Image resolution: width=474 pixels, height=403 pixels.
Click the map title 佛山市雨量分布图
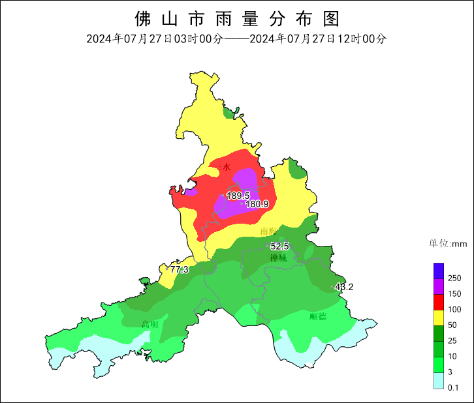pyautogui.click(x=236, y=18)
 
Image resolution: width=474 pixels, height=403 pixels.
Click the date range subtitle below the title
pyautogui.click(x=236, y=39)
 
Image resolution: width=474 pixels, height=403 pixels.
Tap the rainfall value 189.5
pyautogui.click(x=238, y=196)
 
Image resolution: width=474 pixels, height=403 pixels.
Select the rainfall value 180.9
pyautogui.click(x=257, y=204)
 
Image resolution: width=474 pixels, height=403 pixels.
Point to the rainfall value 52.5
pyautogui.click(x=279, y=246)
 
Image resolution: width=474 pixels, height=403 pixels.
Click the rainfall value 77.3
pyautogui.click(x=179, y=269)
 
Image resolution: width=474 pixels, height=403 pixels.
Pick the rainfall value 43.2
pyautogui.click(x=343, y=287)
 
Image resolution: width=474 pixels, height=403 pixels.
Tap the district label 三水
pyautogui.click(x=223, y=167)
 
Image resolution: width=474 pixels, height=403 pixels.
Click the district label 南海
pyautogui.click(x=268, y=231)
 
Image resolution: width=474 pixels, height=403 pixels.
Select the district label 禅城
pyautogui.click(x=278, y=258)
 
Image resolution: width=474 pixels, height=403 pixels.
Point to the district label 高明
pyautogui.click(x=150, y=324)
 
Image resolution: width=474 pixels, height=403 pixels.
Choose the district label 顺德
pyautogui.click(x=318, y=317)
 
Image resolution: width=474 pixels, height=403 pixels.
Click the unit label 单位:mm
pyautogui.click(x=448, y=244)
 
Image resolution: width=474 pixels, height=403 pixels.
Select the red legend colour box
pyautogui.click(x=439, y=301)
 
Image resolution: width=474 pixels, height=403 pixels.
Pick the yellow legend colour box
pyautogui.click(x=439, y=317)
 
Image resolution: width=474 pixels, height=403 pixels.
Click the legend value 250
pyautogui.click(x=454, y=278)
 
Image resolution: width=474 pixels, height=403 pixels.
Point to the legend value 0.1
pyautogui.click(x=453, y=387)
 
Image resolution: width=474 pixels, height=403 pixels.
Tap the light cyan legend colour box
pyautogui.click(x=439, y=380)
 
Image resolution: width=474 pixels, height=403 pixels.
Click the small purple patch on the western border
pyautogui.click(x=191, y=192)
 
